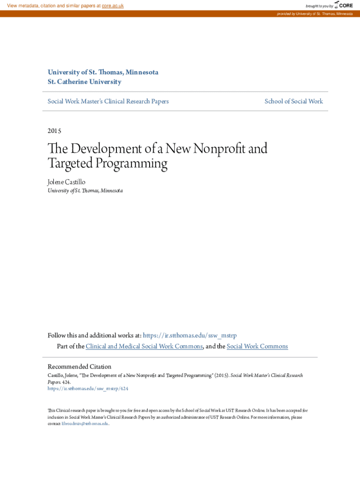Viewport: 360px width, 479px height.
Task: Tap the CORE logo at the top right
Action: [x=344, y=5]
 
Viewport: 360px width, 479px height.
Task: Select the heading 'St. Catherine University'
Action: [x=84, y=82]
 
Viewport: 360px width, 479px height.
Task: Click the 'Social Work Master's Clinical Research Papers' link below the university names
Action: [x=108, y=101]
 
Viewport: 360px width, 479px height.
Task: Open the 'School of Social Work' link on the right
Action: [x=294, y=101]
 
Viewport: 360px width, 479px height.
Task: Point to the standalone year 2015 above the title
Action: [x=55, y=131]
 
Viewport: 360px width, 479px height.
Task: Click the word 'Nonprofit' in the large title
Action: [x=214, y=149]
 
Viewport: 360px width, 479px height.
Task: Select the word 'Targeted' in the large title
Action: [x=67, y=163]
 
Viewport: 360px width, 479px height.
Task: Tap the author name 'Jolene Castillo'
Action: [x=66, y=181]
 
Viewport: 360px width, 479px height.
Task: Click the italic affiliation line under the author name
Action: [x=85, y=190]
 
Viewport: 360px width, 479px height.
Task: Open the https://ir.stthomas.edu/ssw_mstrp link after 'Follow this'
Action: [x=190, y=335]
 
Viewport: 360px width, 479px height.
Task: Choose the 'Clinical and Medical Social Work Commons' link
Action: [x=144, y=346]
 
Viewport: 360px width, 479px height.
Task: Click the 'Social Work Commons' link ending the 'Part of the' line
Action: [x=257, y=346]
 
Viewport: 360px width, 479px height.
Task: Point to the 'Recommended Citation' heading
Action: [x=79, y=367]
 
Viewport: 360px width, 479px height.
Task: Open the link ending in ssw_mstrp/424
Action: [x=88, y=388]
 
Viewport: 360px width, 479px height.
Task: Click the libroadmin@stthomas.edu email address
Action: [x=85, y=423]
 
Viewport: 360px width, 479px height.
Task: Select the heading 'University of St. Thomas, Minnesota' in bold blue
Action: [x=103, y=73]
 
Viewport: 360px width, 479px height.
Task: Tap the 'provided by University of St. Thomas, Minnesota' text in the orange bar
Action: [x=314, y=14]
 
